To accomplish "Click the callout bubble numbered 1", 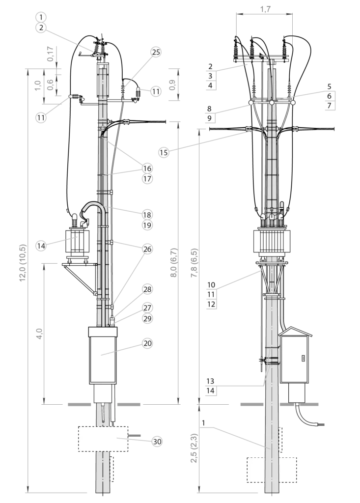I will tap(41, 17).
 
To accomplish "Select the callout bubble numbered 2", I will tap(41, 28).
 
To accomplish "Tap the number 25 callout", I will tap(156, 52).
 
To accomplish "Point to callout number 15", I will tap(164, 152).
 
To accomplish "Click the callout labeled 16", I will tap(147, 168).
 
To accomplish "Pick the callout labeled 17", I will tap(147, 179).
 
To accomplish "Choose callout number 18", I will tap(147, 215).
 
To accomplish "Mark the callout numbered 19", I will tap(147, 225).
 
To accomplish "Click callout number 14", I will tap(41, 245).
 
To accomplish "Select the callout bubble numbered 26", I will tap(147, 249).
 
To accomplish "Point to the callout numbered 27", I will tap(147, 308).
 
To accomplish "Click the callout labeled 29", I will tap(147, 318).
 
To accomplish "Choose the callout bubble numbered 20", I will tap(147, 343).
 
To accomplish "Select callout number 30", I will tap(157, 442).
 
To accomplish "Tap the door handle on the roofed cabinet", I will tap(304, 358).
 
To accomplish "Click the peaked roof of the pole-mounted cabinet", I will tap(295, 332).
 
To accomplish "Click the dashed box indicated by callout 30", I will tap(103, 438).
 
